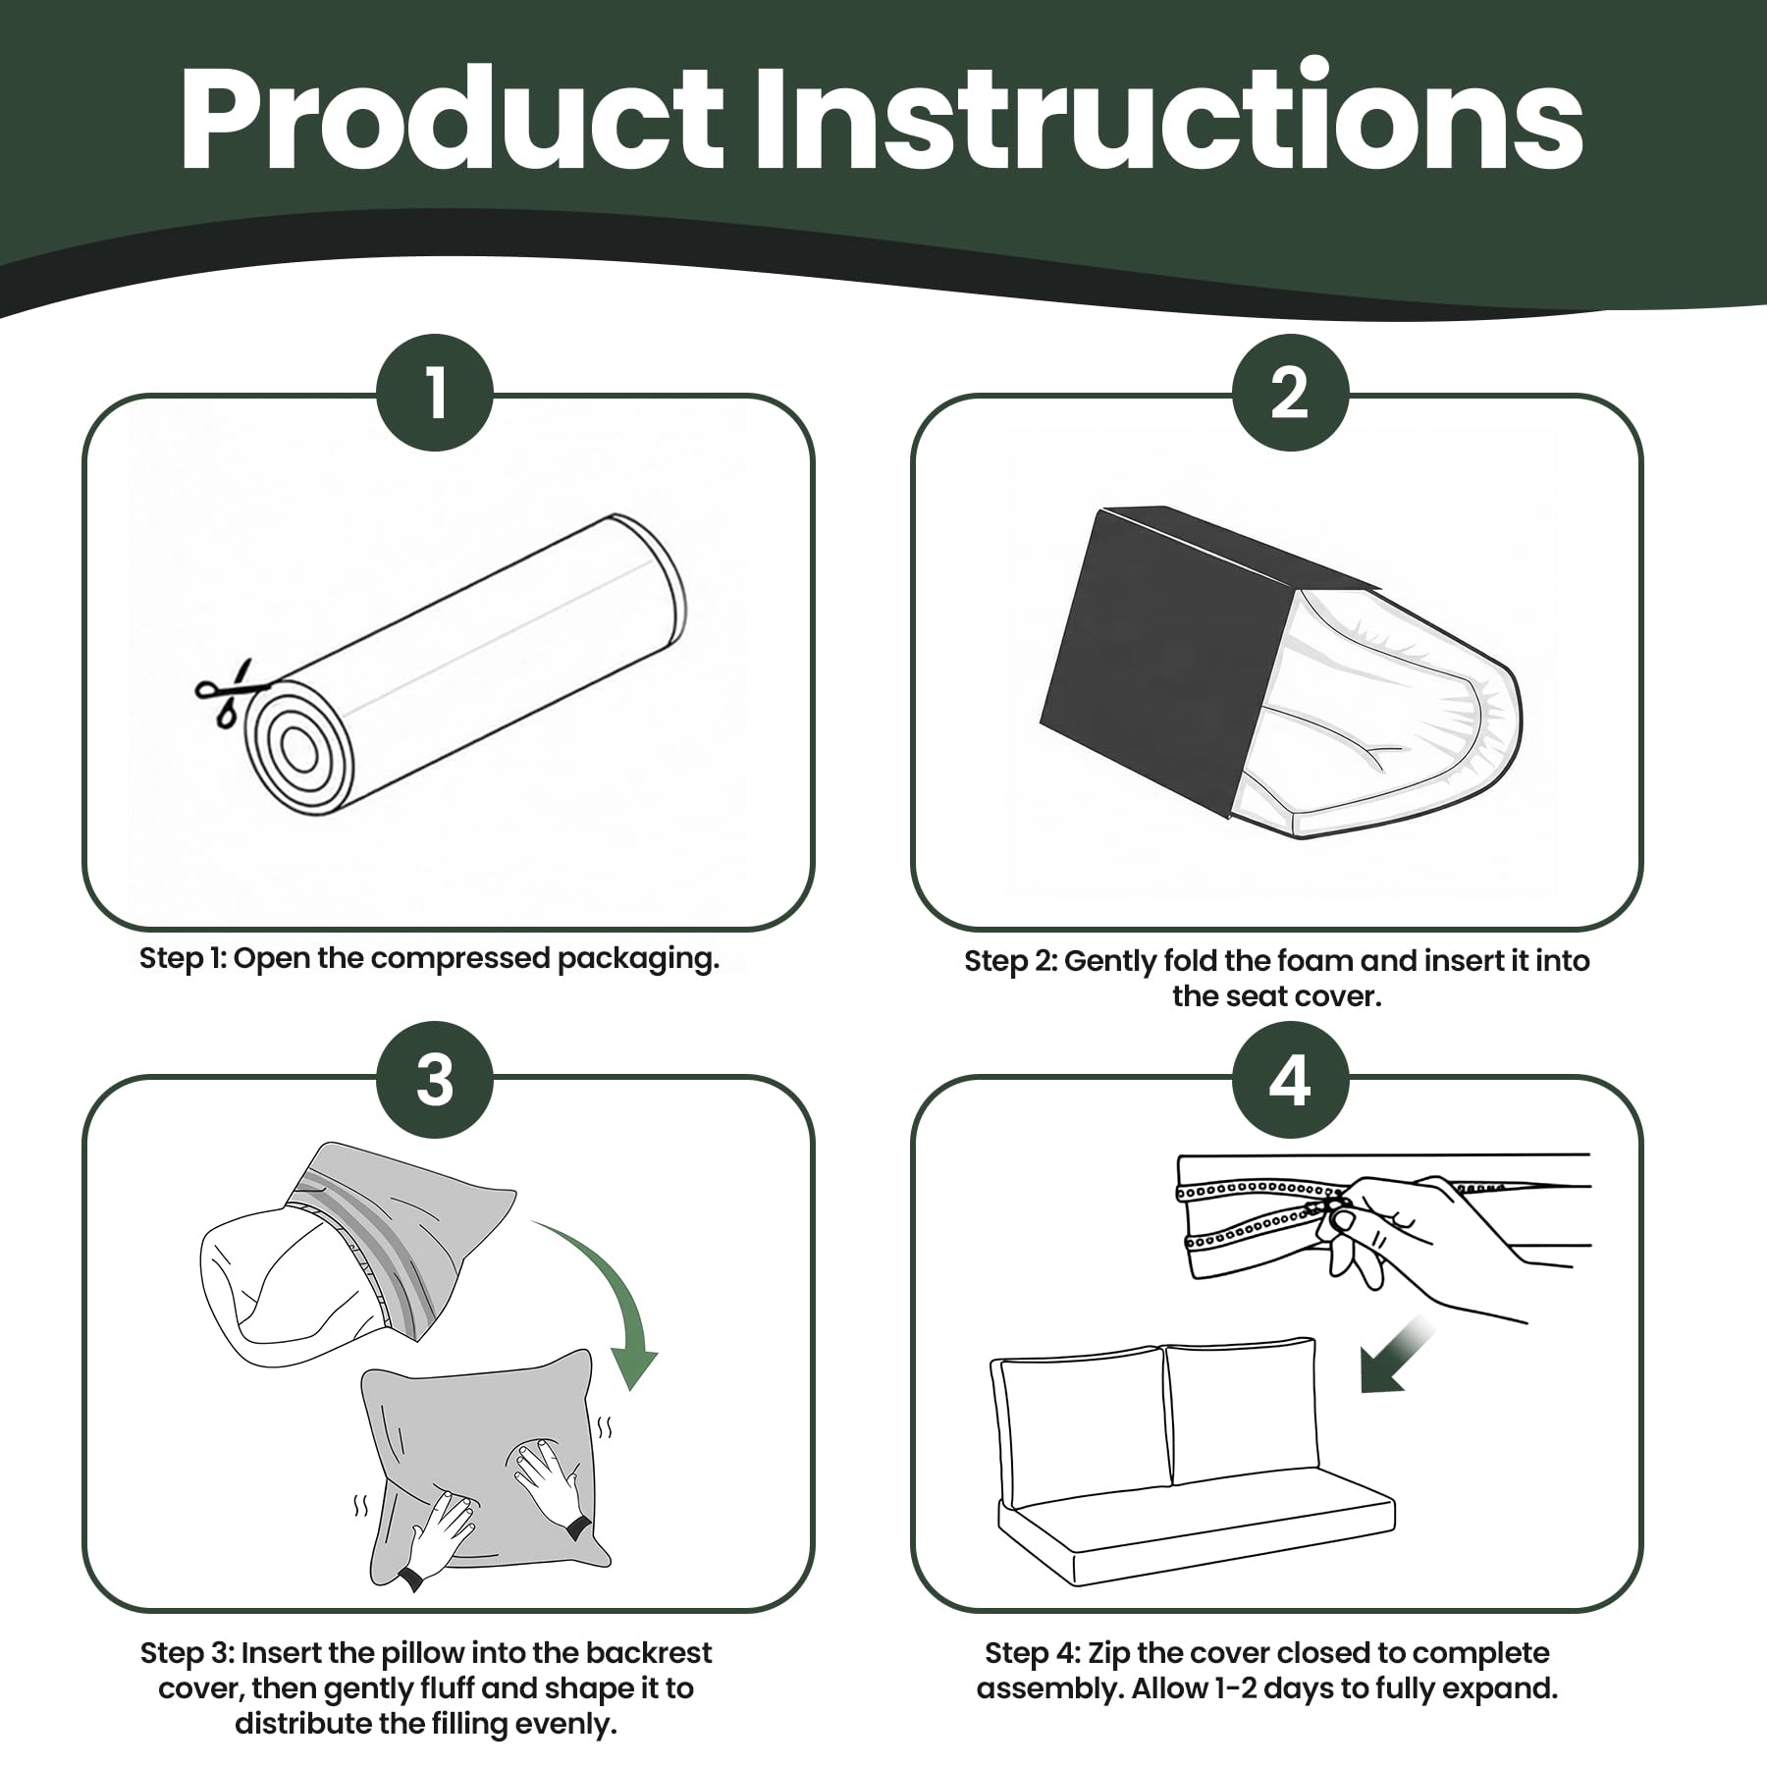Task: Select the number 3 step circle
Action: click(x=435, y=1080)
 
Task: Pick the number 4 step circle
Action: click(x=1290, y=1080)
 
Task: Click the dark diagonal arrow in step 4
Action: click(x=1397, y=1357)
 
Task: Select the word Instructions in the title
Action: click(x=1168, y=118)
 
